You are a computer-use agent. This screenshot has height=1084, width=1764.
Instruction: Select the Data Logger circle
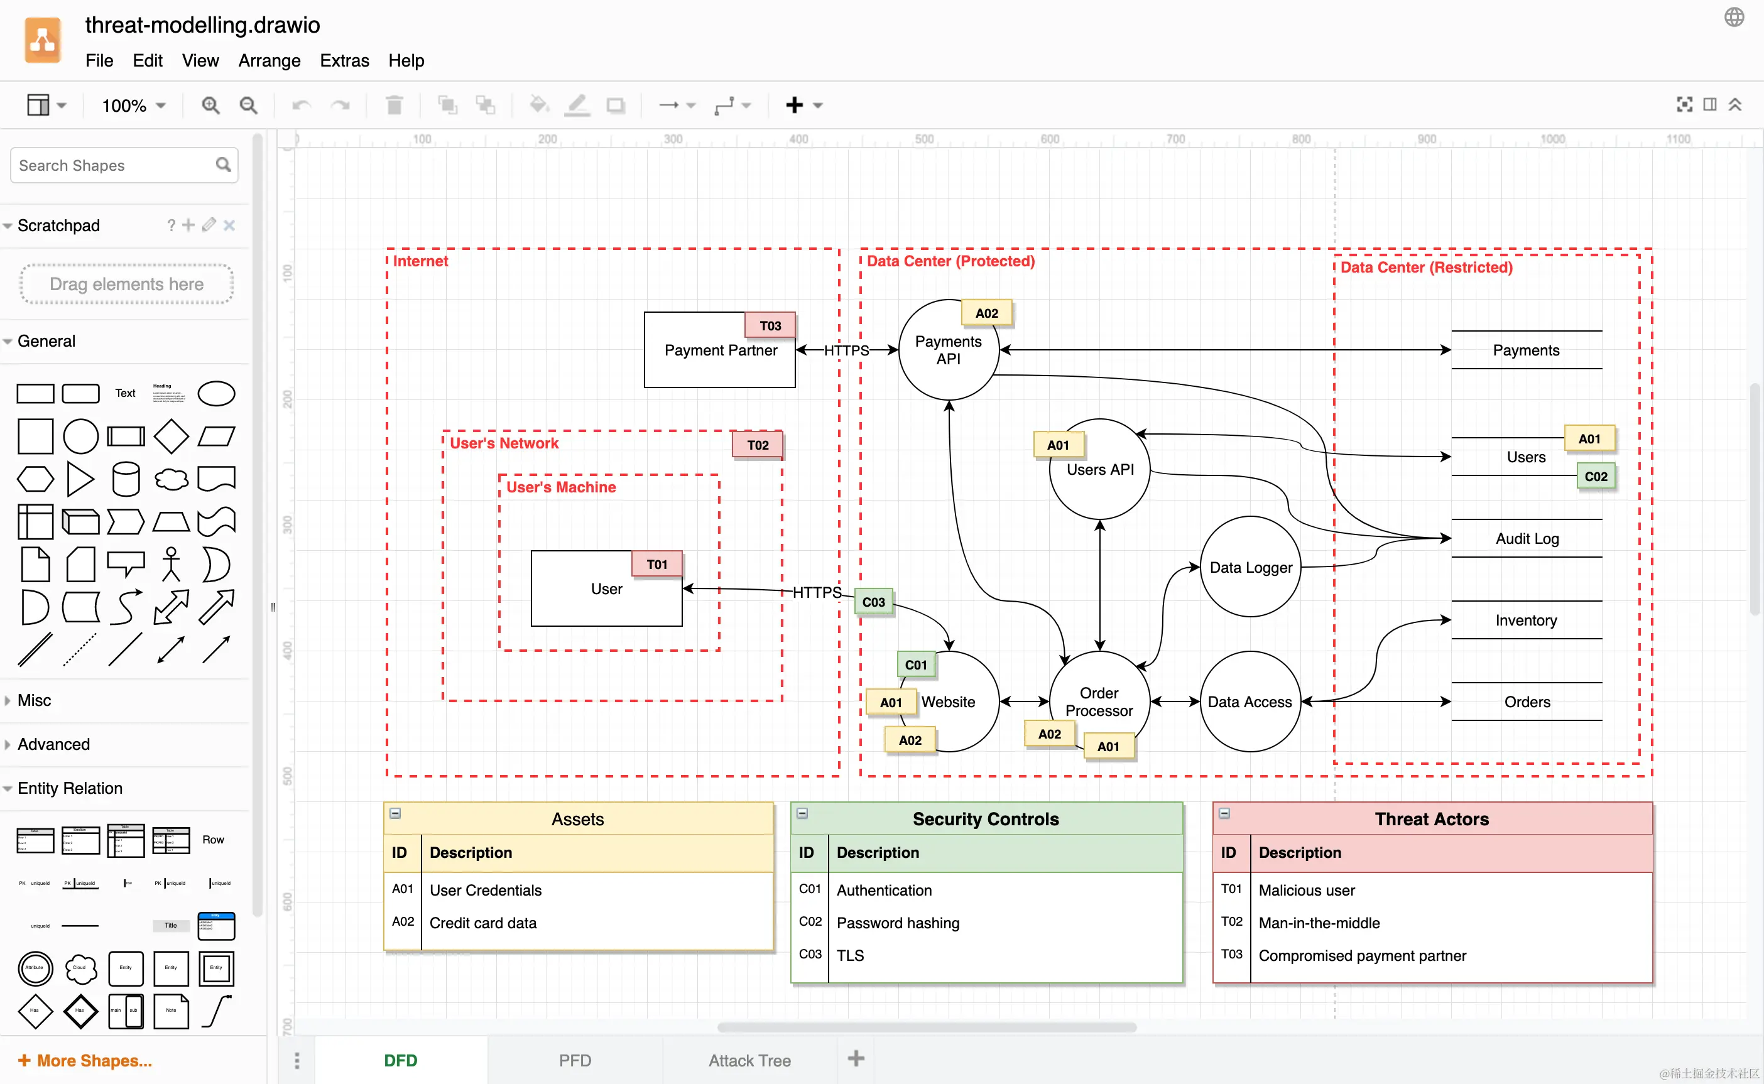coord(1250,567)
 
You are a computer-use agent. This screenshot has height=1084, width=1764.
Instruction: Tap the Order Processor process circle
coord(1099,702)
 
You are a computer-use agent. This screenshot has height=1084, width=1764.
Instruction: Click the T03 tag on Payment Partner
coord(770,325)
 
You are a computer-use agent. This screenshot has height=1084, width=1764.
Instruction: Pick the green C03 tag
coord(873,602)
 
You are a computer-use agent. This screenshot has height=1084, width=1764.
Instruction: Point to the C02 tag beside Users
coord(1596,477)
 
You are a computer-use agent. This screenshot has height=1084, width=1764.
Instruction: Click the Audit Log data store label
coord(1527,538)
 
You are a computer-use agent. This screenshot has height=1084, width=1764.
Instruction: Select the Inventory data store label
coord(1526,620)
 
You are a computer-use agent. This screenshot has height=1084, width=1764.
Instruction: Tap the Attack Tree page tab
coord(749,1060)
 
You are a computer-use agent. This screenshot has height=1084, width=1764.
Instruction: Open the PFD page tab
coord(575,1060)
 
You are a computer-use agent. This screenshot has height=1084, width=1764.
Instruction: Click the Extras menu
coord(344,60)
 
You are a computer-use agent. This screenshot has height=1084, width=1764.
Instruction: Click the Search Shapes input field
coord(115,166)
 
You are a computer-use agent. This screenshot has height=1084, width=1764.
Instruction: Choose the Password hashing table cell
coord(898,923)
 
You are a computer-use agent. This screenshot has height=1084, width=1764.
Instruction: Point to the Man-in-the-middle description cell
coord(1319,923)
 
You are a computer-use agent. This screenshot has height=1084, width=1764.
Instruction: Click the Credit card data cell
coord(482,923)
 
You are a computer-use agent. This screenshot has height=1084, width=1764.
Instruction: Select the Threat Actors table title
coord(1431,819)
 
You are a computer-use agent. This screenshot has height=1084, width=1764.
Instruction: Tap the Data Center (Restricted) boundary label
coord(1426,268)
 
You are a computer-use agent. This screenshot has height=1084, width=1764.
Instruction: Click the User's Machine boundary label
coord(561,487)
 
